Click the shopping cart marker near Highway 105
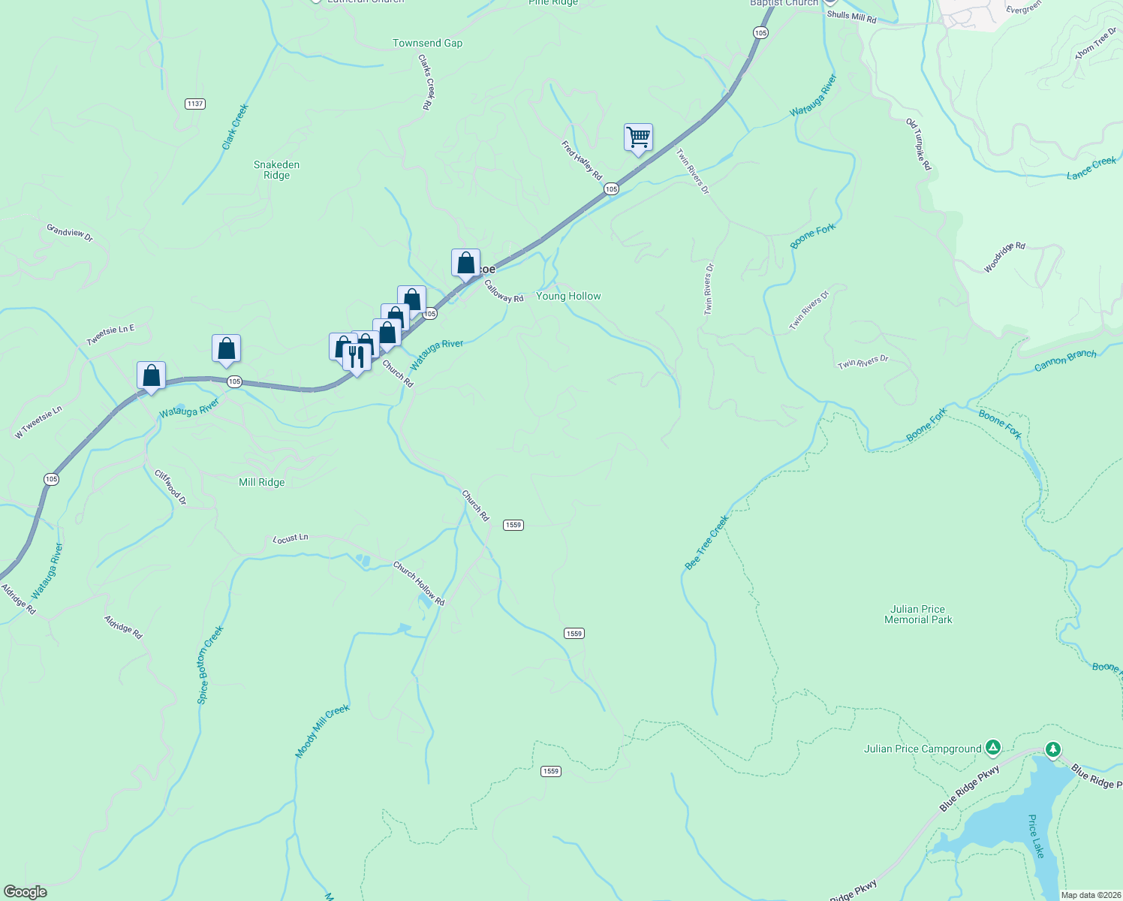tap(638, 138)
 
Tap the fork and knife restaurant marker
tap(357, 356)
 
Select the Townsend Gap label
tap(427, 44)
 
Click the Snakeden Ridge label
tap(276, 170)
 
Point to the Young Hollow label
tap(568, 297)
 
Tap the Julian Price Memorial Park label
tap(918, 614)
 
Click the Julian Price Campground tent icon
tap(993, 747)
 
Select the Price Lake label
tap(1036, 836)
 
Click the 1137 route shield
tap(195, 104)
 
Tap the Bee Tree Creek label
tap(706, 542)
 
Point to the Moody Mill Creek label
tap(322, 731)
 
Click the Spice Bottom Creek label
tap(210, 664)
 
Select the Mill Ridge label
tap(261, 482)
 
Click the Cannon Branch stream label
tap(1064, 360)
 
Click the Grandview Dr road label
tap(70, 233)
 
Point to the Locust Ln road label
tap(291, 538)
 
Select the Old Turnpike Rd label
tap(918, 144)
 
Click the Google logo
tap(26, 891)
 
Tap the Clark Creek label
tap(235, 127)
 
